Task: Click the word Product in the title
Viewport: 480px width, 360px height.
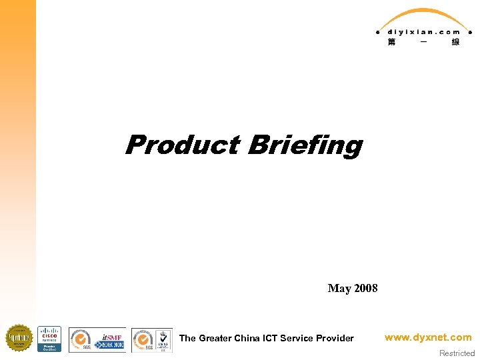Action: tap(182, 145)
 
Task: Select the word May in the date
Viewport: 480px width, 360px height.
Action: tap(339, 289)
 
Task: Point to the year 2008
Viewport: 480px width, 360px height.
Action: tap(366, 289)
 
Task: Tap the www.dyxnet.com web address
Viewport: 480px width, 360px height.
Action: tap(428, 337)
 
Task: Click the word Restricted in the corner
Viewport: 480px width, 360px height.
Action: tap(457, 353)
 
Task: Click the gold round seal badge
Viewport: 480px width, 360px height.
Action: tap(19, 338)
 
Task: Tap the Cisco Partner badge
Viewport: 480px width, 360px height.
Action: tap(49, 338)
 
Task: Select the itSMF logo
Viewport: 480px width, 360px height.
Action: tap(109, 339)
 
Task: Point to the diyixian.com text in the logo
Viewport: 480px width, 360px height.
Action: tap(423, 31)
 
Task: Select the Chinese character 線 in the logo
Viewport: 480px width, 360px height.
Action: tap(455, 42)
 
